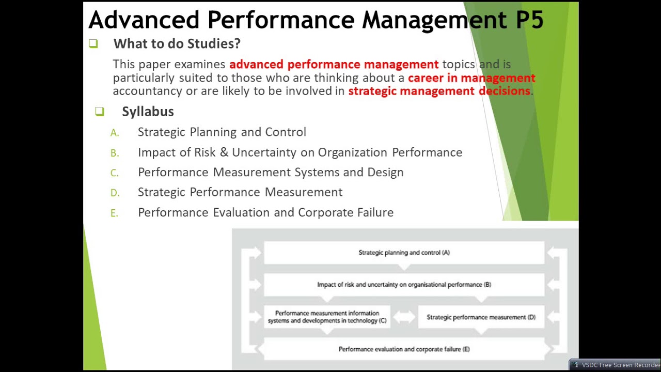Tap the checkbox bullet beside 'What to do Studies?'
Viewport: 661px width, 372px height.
point(93,44)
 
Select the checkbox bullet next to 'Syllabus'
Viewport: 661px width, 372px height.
point(100,112)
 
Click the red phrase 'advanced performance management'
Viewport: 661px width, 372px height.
point(334,65)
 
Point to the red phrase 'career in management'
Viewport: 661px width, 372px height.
point(471,78)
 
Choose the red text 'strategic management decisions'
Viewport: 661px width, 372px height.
point(439,91)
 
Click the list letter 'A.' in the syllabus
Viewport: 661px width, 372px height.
point(115,133)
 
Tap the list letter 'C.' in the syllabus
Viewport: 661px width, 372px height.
point(115,173)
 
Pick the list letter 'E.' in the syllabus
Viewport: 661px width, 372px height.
point(115,213)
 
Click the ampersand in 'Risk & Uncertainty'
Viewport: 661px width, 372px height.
point(224,152)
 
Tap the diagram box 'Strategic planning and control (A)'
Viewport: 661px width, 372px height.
point(404,253)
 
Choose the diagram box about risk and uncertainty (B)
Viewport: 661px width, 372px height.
point(404,285)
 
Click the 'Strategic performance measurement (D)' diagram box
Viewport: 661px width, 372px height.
point(481,317)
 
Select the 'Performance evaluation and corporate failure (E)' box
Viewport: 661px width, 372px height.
point(404,349)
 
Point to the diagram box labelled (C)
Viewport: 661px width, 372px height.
point(327,317)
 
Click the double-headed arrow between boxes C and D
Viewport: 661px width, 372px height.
point(404,317)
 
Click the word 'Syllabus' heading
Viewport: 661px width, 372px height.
point(148,112)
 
